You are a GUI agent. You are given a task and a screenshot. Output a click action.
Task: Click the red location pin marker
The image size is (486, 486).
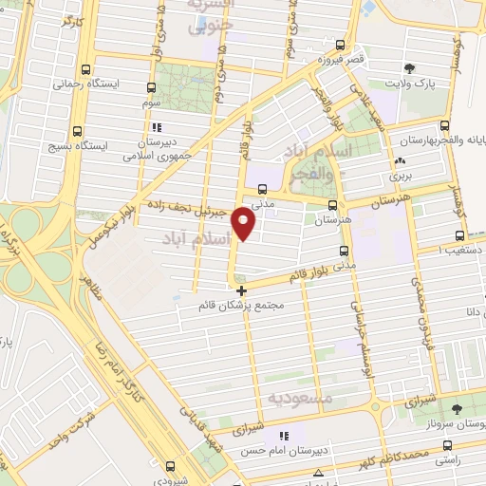[244, 225]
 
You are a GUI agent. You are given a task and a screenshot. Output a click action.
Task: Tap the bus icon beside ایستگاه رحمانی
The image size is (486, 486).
[87, 69]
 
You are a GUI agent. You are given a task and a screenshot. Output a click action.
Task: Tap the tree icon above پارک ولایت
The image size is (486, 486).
[410, 68]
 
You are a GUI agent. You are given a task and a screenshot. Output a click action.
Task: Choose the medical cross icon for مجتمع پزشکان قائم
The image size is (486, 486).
[242, 290]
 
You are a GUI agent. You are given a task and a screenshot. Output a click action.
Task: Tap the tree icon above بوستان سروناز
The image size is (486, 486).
[458, 409]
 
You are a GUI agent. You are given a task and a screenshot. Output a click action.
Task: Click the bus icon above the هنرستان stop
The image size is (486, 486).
[332, 204]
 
